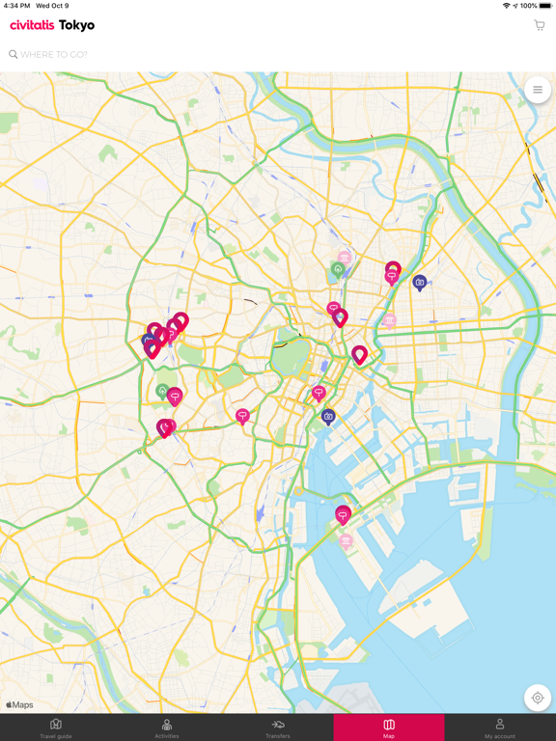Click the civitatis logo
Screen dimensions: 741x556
point(32,25)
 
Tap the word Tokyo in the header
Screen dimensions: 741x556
point(76,25)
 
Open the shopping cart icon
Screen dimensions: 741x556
point(539,25)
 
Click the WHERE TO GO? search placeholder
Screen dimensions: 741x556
point(54,55)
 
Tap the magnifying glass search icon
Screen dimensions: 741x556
point(14,55)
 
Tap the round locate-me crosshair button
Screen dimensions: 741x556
point(538,698)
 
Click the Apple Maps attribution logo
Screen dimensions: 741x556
point(20,705)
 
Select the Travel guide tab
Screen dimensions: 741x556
point(56,727)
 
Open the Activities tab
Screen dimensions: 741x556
point(167,727)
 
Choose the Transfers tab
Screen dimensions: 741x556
point(278,727)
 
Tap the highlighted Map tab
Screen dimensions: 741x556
point(389,727)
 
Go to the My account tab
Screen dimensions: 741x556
point(500,727)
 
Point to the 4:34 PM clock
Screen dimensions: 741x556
point(17,6)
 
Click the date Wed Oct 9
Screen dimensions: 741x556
point(52,6)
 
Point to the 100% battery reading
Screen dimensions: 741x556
point(528,6)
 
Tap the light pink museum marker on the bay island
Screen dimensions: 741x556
point(346,541)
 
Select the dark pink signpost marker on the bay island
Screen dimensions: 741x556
point(343,515)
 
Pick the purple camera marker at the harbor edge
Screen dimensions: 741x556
point(328,417)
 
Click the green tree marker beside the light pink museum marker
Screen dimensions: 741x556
point(337,270)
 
